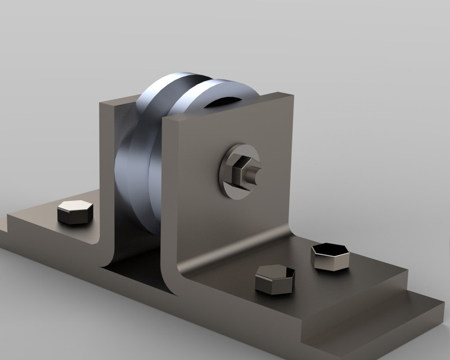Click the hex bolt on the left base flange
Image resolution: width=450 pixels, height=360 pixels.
[x=75, y=211]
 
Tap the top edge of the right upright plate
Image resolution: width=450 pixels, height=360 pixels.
[x=231, y=107]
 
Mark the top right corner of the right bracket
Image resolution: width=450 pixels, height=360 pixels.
[x=292, y=94]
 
